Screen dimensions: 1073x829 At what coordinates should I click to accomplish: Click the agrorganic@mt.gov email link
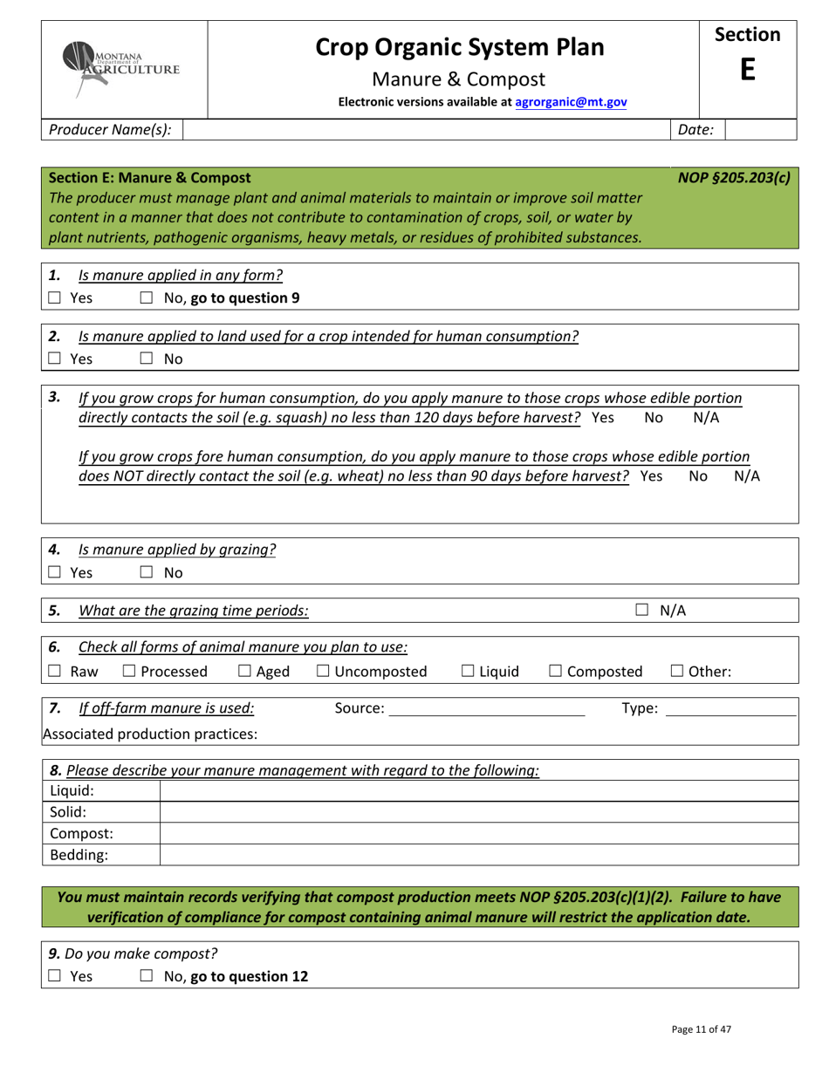click(571, 102)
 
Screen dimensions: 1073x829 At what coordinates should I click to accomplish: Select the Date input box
click(760, 130)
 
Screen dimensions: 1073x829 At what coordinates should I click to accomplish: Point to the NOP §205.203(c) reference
click(734, 177)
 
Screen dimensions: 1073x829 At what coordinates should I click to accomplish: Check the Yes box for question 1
click(54, 297)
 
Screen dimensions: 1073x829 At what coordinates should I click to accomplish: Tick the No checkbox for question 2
click(147, 359)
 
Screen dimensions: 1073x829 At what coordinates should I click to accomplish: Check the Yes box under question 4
click(54, 573)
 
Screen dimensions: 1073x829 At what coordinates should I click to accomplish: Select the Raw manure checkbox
click(54, 671)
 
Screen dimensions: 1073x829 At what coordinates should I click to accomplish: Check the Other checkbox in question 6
click(677, 671)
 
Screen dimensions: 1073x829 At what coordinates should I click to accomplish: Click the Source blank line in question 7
click(486, 709)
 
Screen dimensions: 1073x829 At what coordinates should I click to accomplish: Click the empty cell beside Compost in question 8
click(479, 834)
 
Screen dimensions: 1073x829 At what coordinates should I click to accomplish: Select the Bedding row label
click(79, 855)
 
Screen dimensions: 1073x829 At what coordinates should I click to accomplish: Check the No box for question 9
click(147, 976)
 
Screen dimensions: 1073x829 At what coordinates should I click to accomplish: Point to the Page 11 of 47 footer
click(701, 1029)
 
